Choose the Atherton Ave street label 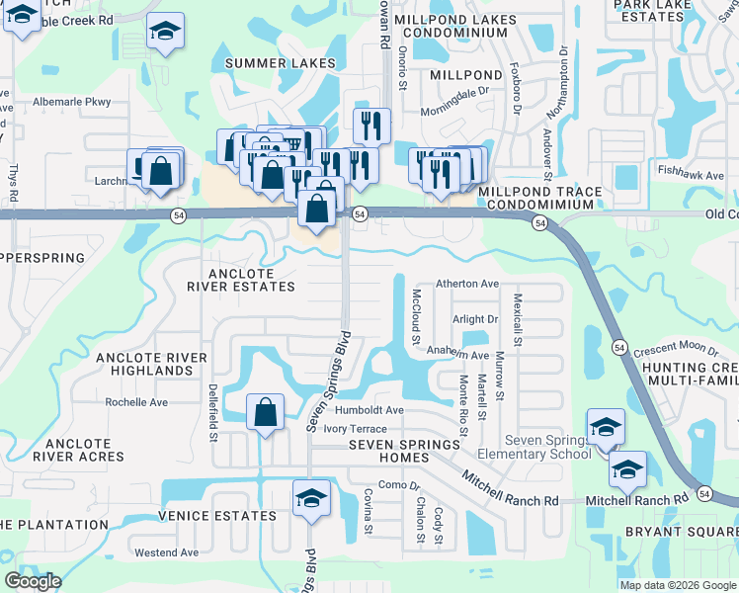467,283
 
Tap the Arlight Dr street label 475,319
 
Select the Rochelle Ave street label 137,402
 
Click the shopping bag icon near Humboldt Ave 266,412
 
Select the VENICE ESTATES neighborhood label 217,516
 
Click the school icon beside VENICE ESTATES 311,498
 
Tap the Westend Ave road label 167,552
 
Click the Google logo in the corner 33,581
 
